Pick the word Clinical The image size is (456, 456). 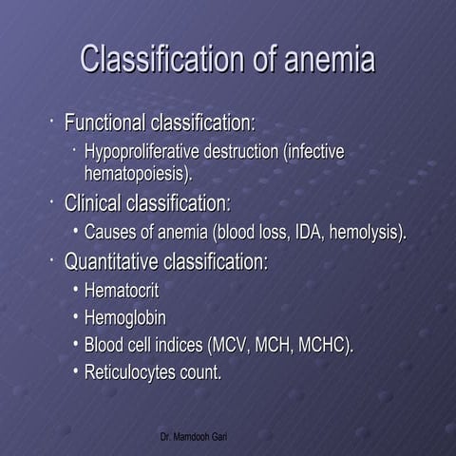[90, 203]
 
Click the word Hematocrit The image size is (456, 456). [121, 290]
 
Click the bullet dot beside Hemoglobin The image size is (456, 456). [75, 317]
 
